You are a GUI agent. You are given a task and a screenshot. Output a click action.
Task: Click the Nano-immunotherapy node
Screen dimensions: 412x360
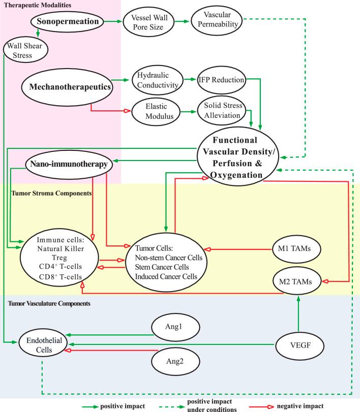point(69,164)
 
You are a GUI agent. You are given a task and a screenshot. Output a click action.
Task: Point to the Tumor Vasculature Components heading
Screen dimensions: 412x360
point(49,303)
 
